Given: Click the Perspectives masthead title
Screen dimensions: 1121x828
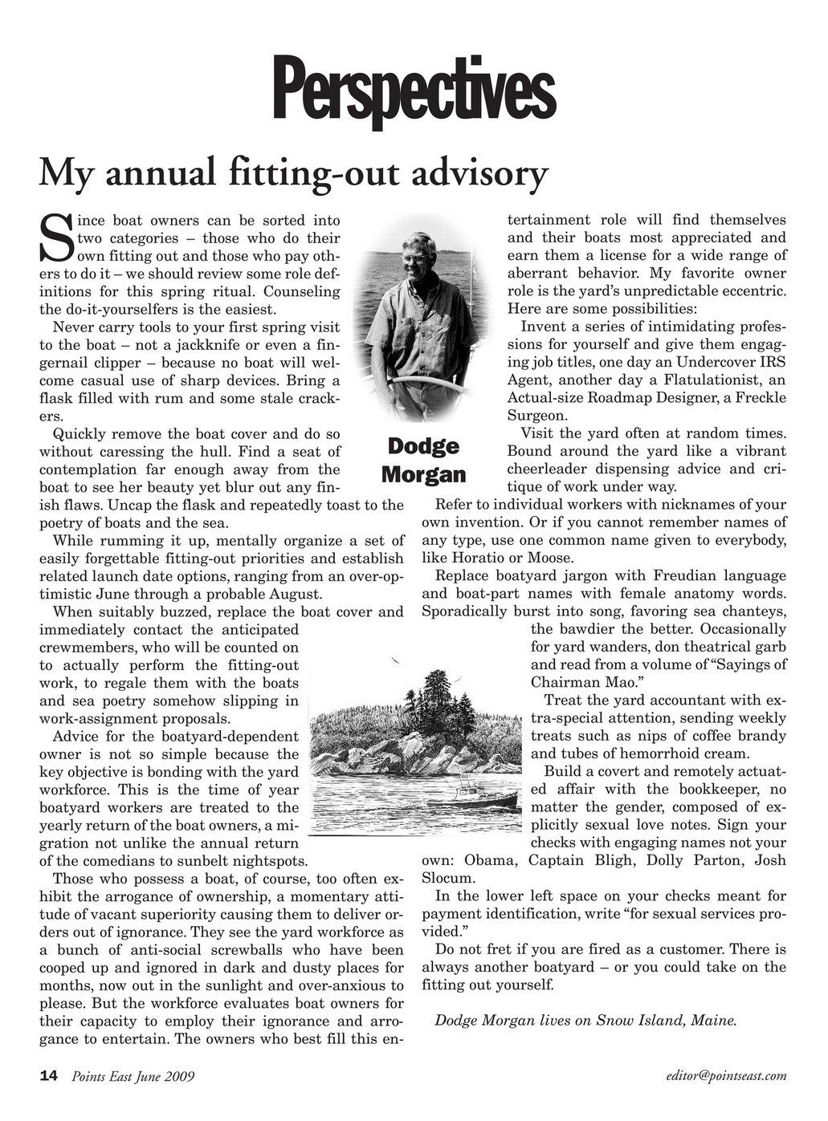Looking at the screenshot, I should pos(414,91).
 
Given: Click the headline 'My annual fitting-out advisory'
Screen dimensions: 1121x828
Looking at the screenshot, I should pos(294,172).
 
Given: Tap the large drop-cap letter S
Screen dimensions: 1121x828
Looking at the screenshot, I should pos(56,238).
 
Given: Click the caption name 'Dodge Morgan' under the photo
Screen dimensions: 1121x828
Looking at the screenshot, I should pos(423,460).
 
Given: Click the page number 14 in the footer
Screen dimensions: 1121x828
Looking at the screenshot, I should pos(48,1076).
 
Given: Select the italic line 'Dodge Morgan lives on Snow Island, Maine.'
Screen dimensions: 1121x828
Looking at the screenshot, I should pos(585,1021).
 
